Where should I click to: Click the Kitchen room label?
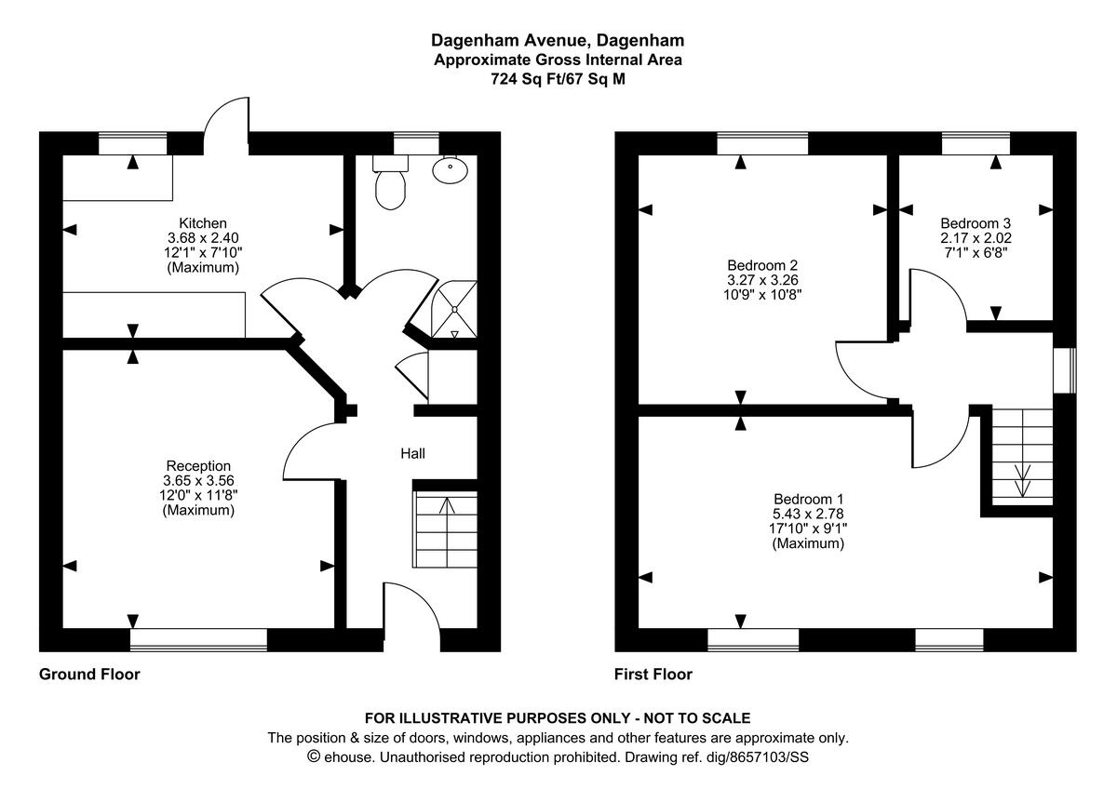tap(202, 223)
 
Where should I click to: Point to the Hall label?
tap(412, 454)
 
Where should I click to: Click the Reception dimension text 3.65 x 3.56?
tap(198, 481)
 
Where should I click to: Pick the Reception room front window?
tap(198, 640)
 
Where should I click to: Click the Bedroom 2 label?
tap(761, 264)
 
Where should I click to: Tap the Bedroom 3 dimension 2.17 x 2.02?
tap(976, 237)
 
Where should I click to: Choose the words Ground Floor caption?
tap(89, 675)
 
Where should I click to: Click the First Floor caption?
tap(653, 675)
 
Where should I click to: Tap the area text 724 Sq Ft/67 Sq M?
tap(558, 79)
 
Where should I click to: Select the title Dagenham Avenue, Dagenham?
tap(558, 40)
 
